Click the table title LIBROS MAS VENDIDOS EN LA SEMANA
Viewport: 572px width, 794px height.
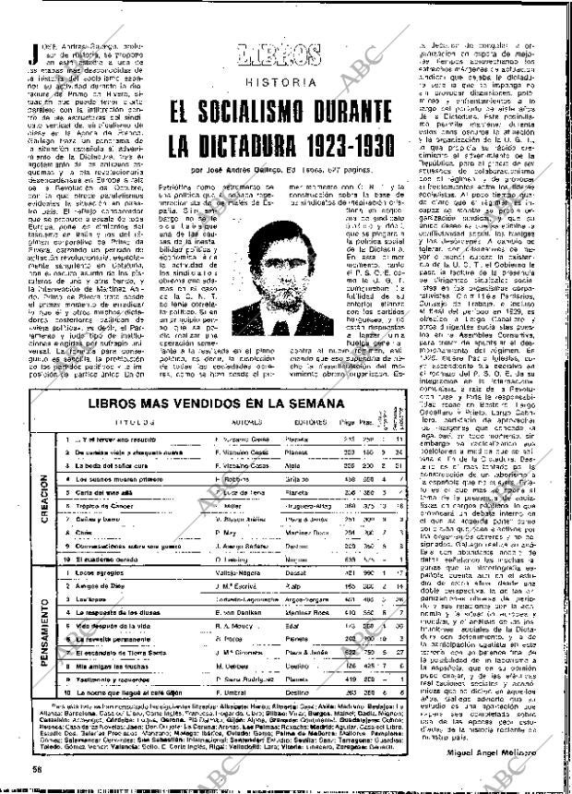219,377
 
